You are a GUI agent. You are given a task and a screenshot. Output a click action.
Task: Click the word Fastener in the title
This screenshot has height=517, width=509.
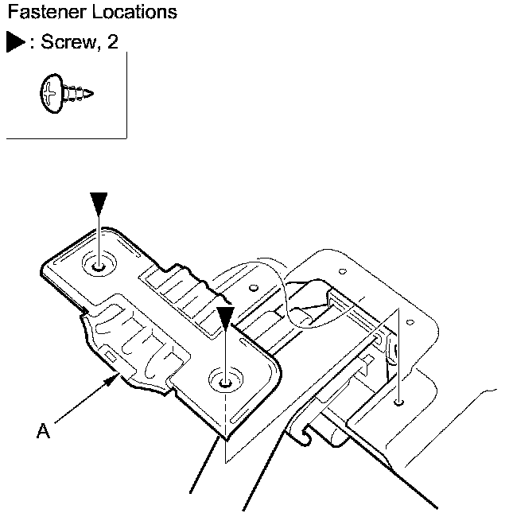[46, 12]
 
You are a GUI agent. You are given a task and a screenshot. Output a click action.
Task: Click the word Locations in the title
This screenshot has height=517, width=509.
[134, 12]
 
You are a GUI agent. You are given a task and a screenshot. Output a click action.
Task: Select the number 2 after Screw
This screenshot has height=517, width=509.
[112, 41]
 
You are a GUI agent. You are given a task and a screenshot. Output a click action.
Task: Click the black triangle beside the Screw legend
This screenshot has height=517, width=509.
[15, 42]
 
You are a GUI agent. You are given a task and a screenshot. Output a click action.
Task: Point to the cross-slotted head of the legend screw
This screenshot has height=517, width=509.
[52, 93]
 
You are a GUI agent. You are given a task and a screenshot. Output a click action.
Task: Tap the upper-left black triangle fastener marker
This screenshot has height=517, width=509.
[99, 203]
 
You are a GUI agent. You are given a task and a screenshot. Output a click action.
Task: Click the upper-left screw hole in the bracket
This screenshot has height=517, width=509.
[99, 266]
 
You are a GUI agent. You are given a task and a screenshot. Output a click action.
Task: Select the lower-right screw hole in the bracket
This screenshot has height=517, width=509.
[226, 383]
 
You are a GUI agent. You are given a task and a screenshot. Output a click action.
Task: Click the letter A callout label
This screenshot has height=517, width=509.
[43, 430]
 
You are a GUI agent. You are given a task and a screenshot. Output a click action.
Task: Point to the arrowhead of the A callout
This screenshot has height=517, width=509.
[112, 379]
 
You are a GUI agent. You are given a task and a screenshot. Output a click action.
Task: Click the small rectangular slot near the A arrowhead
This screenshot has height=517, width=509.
[111, 356]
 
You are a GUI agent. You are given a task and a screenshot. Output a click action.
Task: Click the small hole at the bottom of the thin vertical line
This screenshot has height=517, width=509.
[399, 402]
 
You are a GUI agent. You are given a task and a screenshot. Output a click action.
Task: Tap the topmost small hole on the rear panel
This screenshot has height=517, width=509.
[343, 272]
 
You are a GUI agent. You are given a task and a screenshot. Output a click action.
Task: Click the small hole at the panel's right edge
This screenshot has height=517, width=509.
[410, 322]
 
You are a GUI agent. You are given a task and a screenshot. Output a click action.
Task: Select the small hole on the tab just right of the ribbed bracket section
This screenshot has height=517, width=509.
[254, 288]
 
